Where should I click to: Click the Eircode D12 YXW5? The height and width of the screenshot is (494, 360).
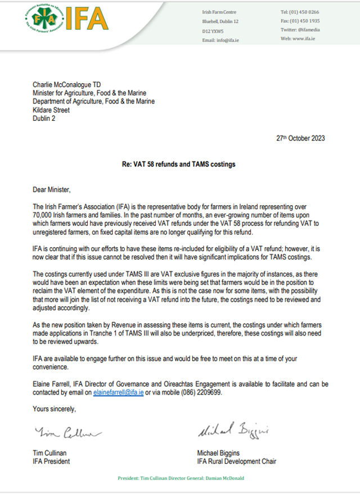point(213,30)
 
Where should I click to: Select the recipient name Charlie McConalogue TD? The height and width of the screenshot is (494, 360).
point(71,85)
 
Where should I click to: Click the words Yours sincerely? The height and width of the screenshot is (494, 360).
point(54,409)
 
